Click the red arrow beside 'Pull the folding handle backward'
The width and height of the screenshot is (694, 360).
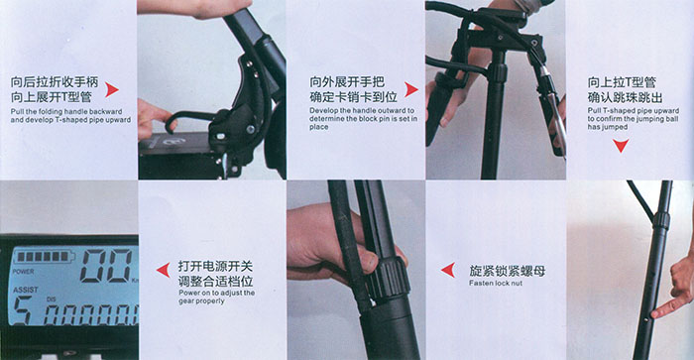tap(111, 90)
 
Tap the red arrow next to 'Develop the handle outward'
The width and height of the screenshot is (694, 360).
tap(410, 89)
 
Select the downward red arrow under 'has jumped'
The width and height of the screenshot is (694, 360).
tap(621, 145)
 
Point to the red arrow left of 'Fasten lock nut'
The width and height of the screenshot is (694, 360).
tap(448, 270)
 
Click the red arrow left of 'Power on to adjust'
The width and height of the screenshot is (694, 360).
tap(164, 270)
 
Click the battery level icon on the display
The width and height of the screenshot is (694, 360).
tap(43, 257)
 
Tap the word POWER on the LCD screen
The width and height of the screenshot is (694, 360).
tap(23, 272)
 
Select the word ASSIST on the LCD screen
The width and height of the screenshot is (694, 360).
tap(25, 290)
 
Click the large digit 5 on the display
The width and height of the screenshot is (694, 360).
tap(21, 310)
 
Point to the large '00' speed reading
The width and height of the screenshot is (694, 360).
tap(107, 266)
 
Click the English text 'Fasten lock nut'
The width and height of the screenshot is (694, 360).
tap(496, 283)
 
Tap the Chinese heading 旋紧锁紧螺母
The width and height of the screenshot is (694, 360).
tap(508, 271)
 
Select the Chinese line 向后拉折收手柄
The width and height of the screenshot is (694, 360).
tap(54, 82)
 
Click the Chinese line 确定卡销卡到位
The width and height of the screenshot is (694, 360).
tap(353, 97)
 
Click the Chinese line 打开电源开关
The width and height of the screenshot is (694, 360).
tap(215, 266)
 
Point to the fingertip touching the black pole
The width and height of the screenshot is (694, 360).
tap(654, 314)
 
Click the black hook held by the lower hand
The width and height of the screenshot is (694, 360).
tap(188, 119)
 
